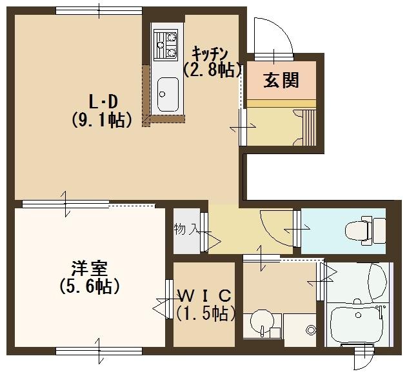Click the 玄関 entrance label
281,80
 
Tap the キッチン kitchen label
210,54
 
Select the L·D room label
103,102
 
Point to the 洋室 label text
90,269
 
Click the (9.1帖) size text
103,120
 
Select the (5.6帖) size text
90,286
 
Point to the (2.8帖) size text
213,69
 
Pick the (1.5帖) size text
206,313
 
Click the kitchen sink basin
168,94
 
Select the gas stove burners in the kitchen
166,44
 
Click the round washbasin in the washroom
262,322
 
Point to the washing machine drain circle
310,330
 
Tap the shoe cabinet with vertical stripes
309,128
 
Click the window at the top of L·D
99,11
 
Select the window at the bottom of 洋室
99,351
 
